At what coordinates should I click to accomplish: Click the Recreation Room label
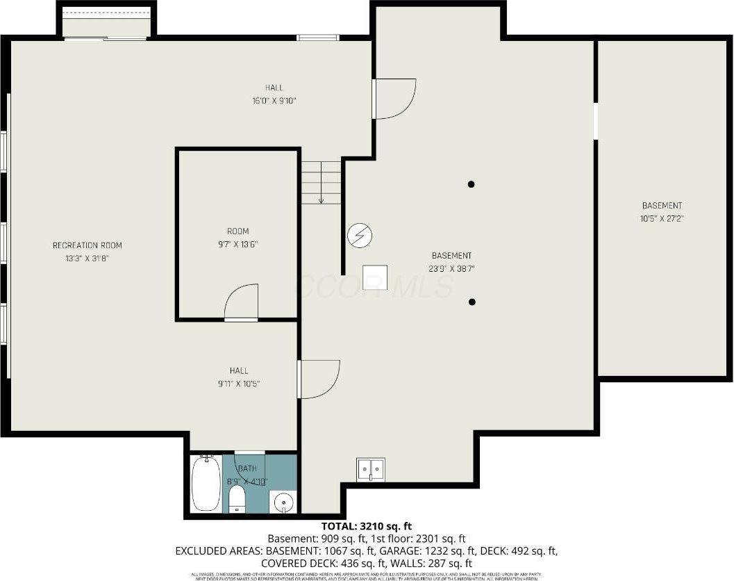87,245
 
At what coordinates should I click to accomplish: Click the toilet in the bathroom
237,498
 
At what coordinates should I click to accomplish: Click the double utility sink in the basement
371,470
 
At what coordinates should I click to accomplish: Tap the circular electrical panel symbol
360,235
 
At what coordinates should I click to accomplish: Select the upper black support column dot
472,184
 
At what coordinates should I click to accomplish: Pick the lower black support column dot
472,302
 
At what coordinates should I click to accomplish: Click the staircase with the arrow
322,182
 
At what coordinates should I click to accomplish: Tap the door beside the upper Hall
394,98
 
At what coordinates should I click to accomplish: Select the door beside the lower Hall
319,379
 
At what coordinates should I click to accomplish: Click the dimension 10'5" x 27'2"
661,218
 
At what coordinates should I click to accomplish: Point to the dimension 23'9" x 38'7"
451,268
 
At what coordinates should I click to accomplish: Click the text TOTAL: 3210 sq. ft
366,526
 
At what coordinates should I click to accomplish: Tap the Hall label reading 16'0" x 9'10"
274,100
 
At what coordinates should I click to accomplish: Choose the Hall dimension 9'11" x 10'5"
239,383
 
